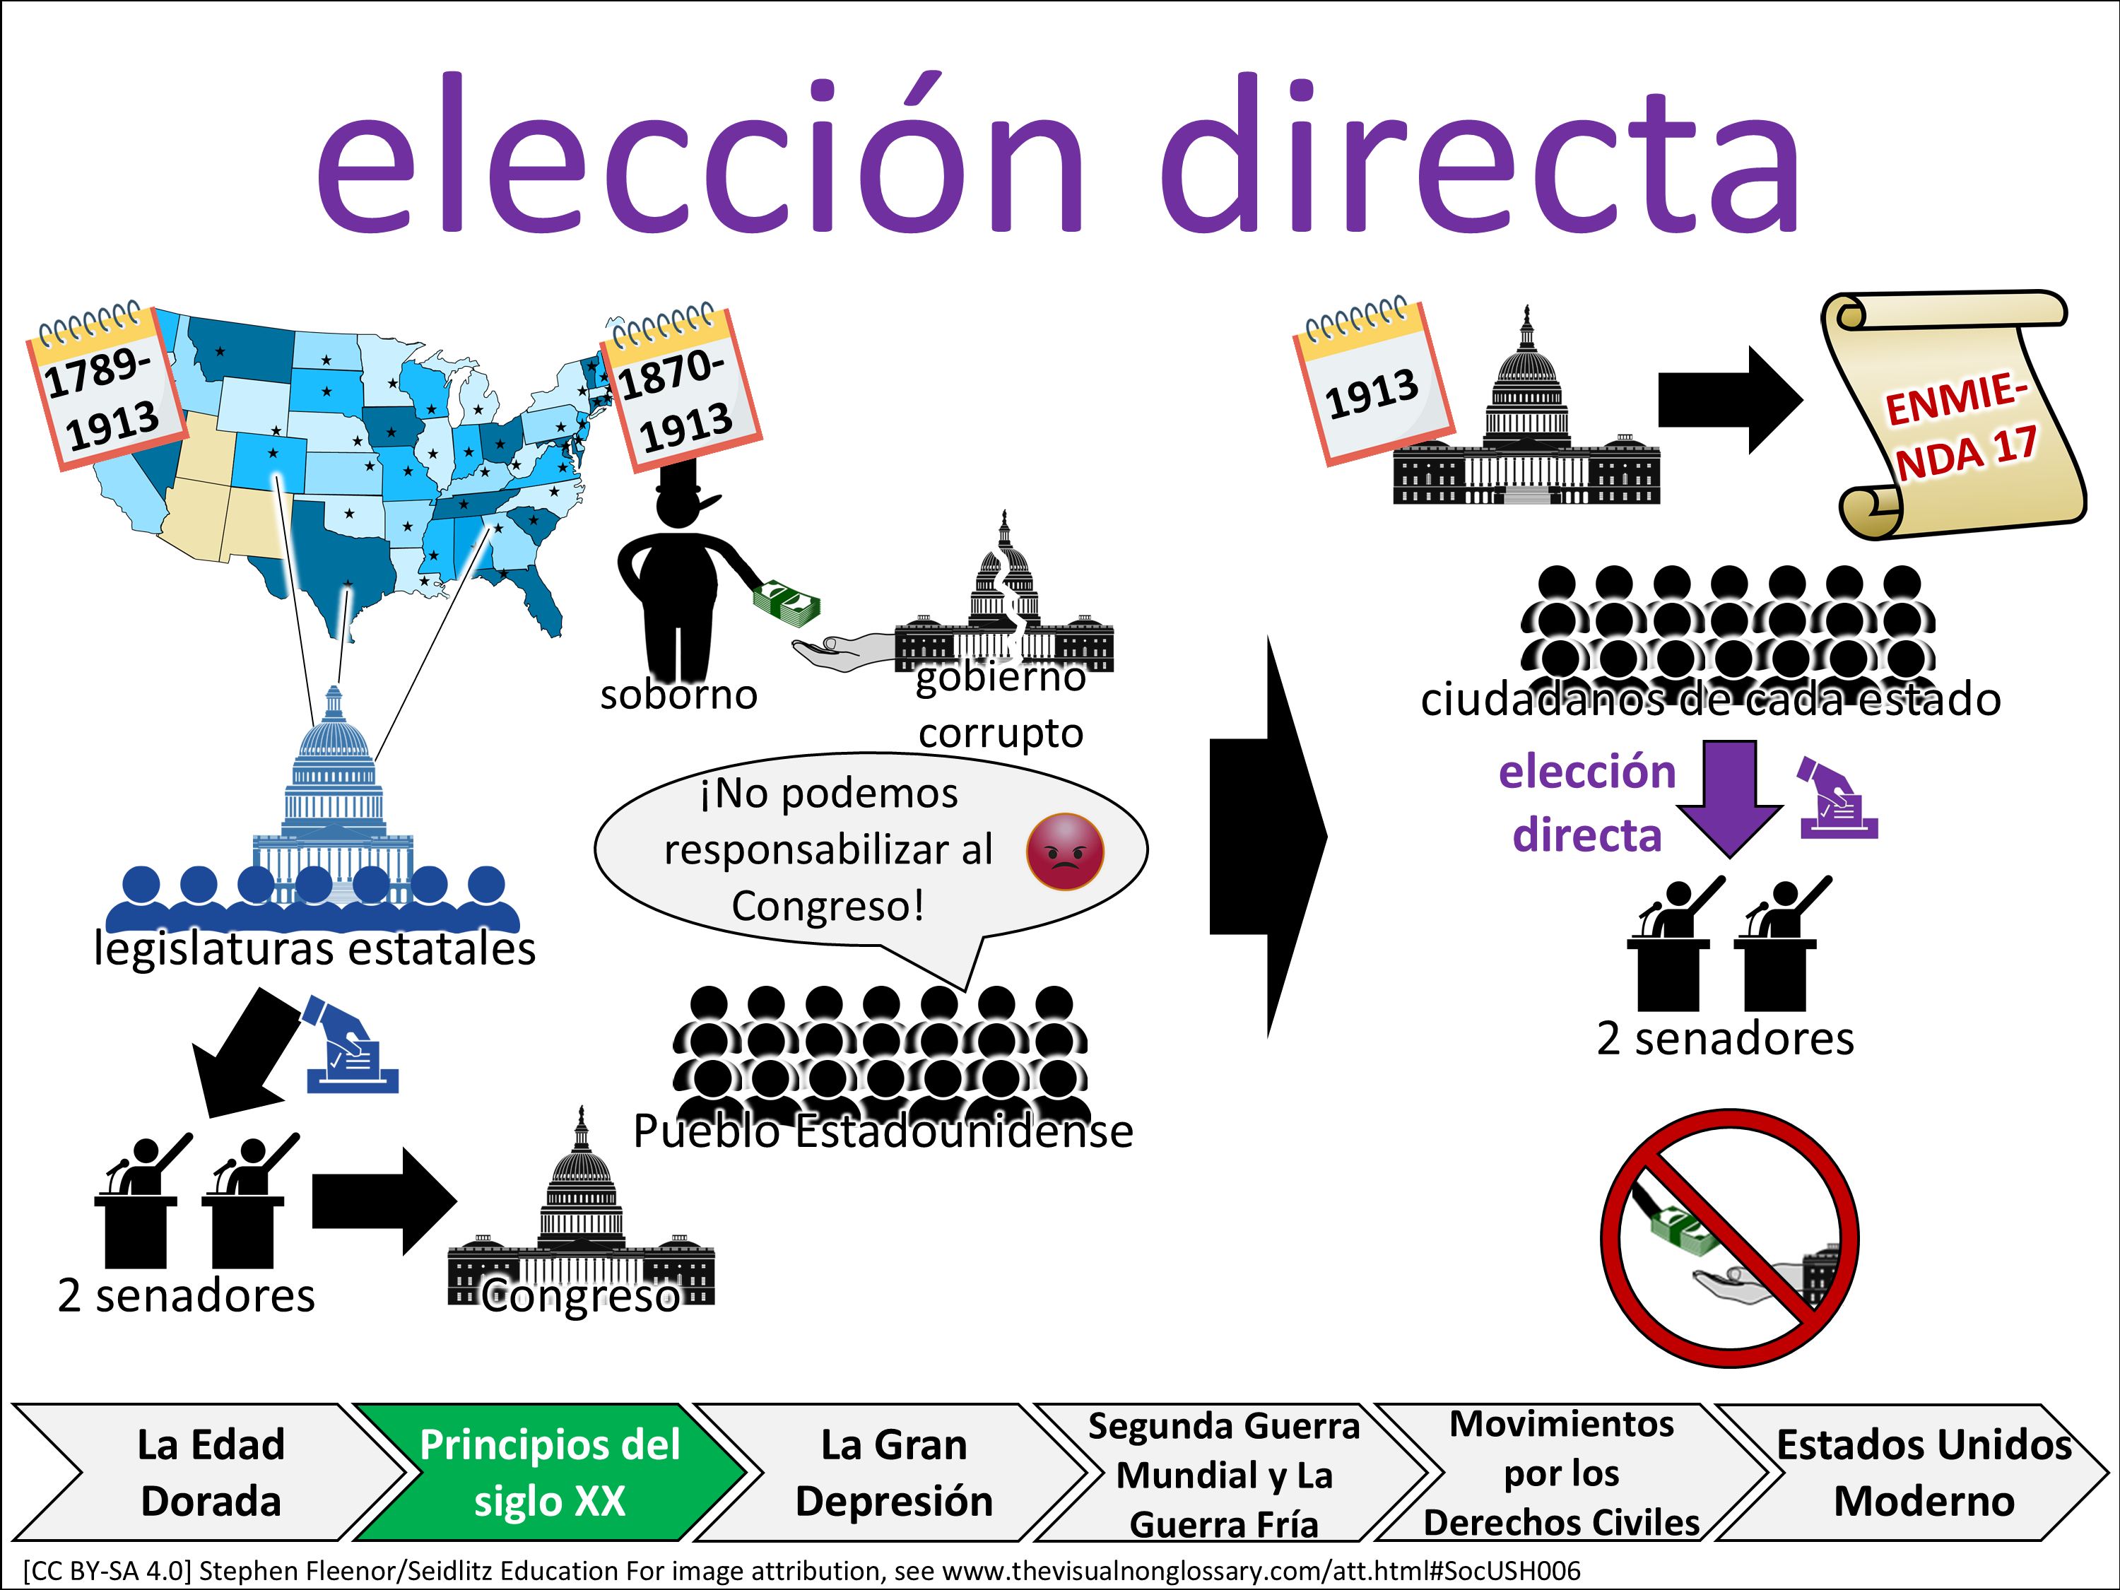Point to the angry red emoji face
1065,851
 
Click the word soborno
678,695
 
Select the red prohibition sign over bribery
1730,1237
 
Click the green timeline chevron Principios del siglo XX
549,1472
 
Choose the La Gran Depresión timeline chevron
893,1472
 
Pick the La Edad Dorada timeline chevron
211,1472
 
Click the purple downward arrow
1730,796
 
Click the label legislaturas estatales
314,950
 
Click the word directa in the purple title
1480,158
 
